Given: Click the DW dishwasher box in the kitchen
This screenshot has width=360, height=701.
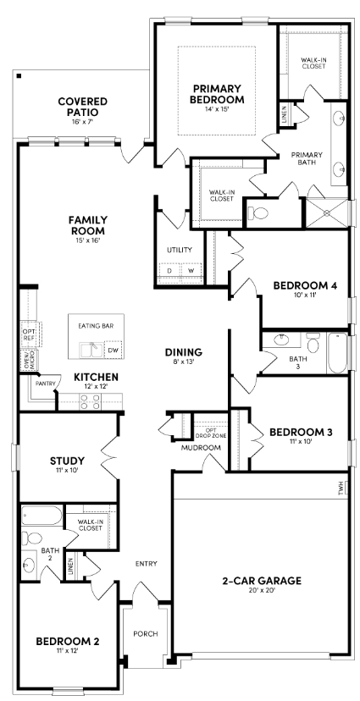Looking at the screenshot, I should (x=113, y=349).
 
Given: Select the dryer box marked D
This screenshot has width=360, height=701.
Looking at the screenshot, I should (x=169, y=271).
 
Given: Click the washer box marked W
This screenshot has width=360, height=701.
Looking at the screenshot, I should (x=191, y=271).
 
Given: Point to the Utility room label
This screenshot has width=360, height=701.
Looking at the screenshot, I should (x=179, y=250).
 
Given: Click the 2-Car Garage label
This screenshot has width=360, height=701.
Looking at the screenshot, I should (x=262, y=581).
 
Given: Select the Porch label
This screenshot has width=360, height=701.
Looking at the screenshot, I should (x=146, y=633).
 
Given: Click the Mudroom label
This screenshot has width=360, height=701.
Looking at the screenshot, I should (x=200, y=447).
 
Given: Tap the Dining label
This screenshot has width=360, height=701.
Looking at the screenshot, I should (x=183, y=351).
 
